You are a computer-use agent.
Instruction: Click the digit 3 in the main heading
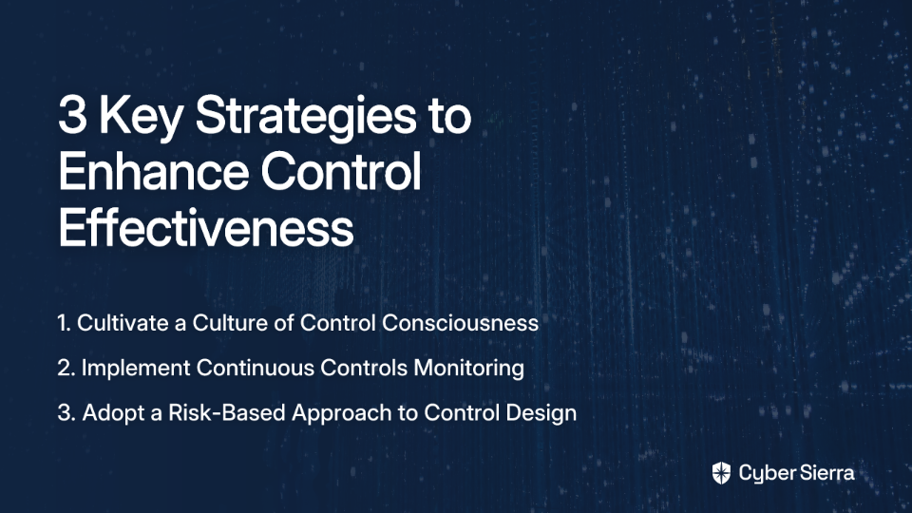click(x=73, y=115)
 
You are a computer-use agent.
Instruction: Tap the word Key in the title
click(x=141, y=120)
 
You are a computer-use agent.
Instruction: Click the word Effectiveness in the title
click(x=206, y=228)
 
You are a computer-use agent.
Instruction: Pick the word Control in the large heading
click(x=341, y=172)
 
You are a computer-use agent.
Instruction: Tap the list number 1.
click(x=64, y=323)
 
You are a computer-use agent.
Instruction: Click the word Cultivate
click(x=123, y=323)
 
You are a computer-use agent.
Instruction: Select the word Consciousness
click(x=460, y=323)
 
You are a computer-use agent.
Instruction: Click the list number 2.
click(x=66, y=369)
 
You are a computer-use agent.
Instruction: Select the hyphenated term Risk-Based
click(x=227, y=413)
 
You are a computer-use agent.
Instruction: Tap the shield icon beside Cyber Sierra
click(x=721, y=473)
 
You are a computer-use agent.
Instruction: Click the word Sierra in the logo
click(x=826, y=473)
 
